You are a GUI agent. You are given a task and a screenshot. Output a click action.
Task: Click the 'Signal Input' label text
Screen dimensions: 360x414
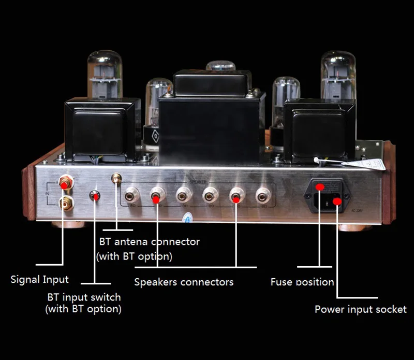(40, 280)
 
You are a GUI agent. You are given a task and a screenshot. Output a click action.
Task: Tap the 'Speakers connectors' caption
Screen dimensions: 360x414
(184, 282)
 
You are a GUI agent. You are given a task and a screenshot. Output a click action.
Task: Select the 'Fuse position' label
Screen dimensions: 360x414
(302, 282)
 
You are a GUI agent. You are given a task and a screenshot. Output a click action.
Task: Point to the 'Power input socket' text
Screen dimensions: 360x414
(361, 310)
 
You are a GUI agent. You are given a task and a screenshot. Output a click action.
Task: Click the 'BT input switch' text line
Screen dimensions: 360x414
(84, 298)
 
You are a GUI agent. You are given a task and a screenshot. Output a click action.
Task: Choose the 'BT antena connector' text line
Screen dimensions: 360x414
(149, 242)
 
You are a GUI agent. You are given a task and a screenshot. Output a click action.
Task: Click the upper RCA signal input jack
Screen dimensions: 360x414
(66, 182)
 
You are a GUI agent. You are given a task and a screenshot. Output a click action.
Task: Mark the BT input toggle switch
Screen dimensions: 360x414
(95, 196)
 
